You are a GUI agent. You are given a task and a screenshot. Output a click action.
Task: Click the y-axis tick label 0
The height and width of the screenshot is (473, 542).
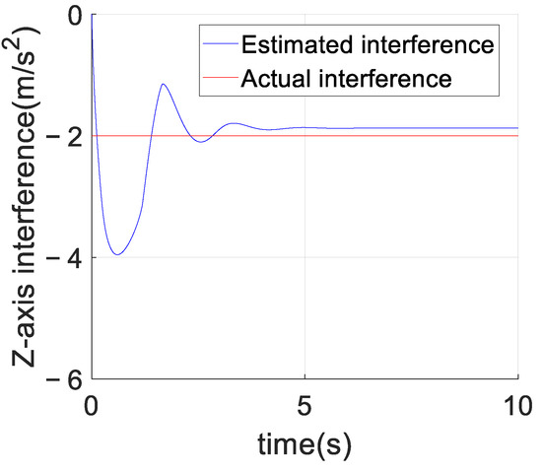click(x=74, y=17)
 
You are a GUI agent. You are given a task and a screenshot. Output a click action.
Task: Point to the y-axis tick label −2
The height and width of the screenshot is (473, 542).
click(x=67, y=137)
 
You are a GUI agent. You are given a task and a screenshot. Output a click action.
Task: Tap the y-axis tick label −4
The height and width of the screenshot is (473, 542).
click(x=67, y=258)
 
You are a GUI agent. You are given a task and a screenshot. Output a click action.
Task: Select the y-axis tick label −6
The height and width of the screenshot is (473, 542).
click(x=67, y=379)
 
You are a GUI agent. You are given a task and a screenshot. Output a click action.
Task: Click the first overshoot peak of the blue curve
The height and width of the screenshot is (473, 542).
click(x=164, y=84)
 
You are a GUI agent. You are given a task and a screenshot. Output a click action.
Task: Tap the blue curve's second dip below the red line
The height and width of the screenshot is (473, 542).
click(x=201, y=142)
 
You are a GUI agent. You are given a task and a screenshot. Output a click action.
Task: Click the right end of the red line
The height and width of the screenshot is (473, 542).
click(x=517, y=136)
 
